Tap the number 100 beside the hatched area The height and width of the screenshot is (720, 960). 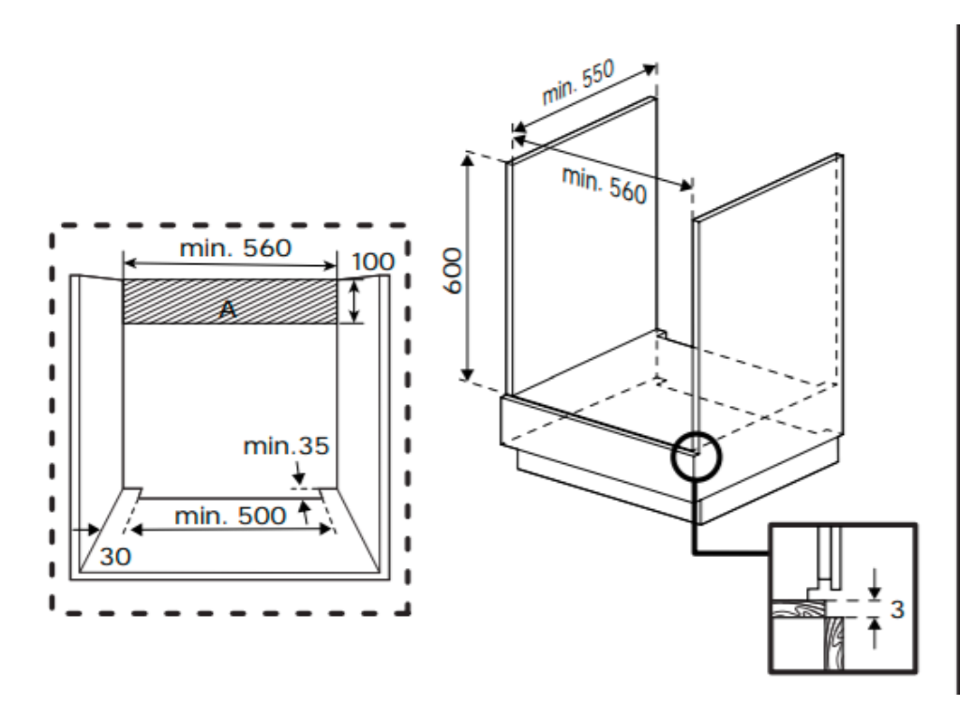(373, 261)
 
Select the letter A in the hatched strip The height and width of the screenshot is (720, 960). (227, 309)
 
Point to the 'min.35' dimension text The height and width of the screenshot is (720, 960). (286, 445)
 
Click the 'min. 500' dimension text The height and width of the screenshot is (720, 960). (230, 515)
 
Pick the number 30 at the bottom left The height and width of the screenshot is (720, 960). (115, 556)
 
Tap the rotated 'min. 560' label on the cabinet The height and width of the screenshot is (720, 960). (605, 183)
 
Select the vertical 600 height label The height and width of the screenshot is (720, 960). (452, 271)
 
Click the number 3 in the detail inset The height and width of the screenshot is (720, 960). (897, 609)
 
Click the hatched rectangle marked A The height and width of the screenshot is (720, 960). (281, 301)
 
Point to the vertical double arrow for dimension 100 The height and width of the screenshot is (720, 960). (353, 301)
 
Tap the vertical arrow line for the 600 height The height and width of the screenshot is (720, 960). (467, 267)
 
